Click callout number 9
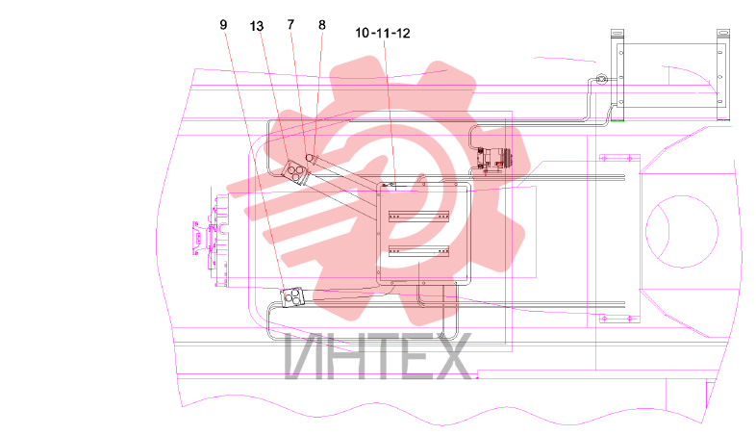click(x=223, y=25)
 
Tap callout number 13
click(x=257, y=26)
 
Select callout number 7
click(x=290, y=24)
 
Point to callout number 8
click(x=322, y=25)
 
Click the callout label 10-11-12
click(x=383, y=34)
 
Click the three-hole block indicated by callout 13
click(x=294, y=172)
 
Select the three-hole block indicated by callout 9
click(x=292, y=297)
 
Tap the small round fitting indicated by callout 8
click(x=310, y=158)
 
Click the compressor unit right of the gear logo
click(x=492, y=159)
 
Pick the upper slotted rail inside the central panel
click(x=419, y=216)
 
